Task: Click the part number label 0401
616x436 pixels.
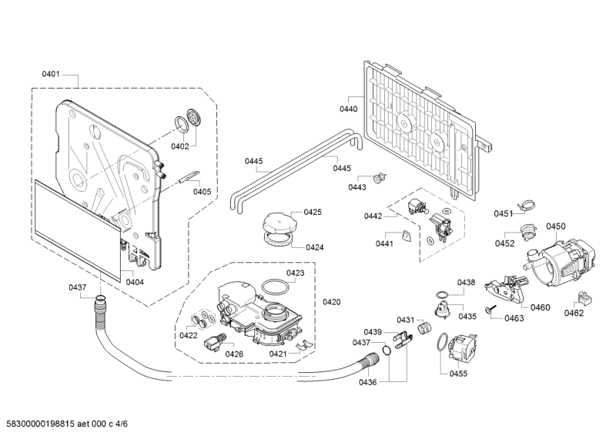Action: click(x=51, y=75)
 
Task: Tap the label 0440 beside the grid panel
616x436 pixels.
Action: click(x=349, y=109)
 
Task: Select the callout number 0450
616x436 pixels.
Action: click(x=556, y=226)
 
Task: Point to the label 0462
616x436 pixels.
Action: click(x=574, y=313)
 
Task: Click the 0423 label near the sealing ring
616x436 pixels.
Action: click(x=296, y=273)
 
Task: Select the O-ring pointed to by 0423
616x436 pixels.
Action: click(x=272, y=287)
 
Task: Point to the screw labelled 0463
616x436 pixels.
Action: click(x=488, y=309)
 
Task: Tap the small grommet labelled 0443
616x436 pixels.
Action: click(x=378, y=178)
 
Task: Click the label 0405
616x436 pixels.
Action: click(x=202, y=192)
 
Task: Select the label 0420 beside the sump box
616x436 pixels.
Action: click(x=332, y=301)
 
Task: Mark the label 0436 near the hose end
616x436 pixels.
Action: click(x=367, y=383)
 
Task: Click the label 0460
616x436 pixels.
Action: click(x=541, y=307)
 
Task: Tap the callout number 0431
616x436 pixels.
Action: click(x=406, y=320)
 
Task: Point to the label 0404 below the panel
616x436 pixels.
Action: click(x=135, y=282)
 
